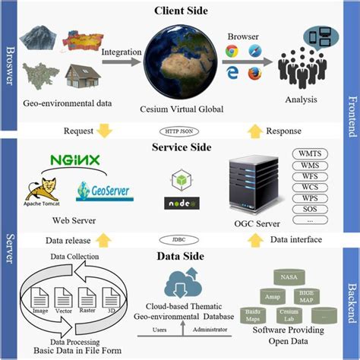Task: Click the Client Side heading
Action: point(179,11)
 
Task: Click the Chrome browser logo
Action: point(231,52)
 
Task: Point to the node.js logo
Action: point(179,204)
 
